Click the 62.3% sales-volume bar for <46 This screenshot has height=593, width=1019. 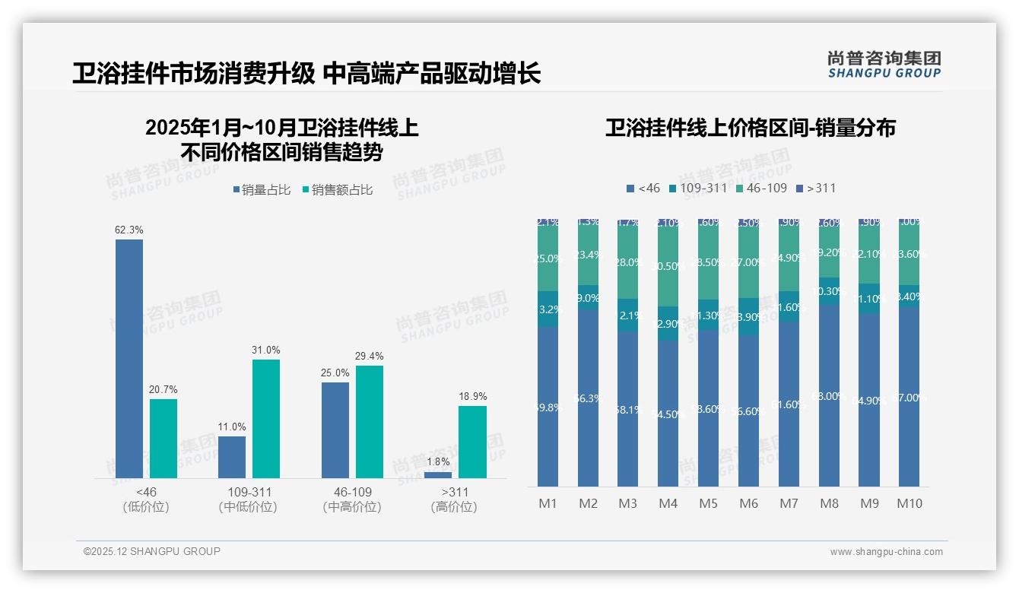129,358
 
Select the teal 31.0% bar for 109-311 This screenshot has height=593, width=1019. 266,418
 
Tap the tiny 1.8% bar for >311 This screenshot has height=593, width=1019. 438,474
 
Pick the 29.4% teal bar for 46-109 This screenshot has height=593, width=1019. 370,421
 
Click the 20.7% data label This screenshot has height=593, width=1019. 163,389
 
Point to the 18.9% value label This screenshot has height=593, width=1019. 472,396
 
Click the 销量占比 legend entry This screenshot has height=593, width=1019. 262,190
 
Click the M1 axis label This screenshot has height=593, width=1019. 548,503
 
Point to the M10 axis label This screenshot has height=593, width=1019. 909,503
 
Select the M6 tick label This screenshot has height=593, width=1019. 748,503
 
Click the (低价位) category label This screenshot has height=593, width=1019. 146,507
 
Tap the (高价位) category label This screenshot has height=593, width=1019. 454,507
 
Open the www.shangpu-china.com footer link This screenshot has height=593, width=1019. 886,552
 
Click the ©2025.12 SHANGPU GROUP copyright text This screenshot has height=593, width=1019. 152,551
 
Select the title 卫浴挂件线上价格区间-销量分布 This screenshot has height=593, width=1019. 750,128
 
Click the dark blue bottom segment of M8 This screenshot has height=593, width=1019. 829,395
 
